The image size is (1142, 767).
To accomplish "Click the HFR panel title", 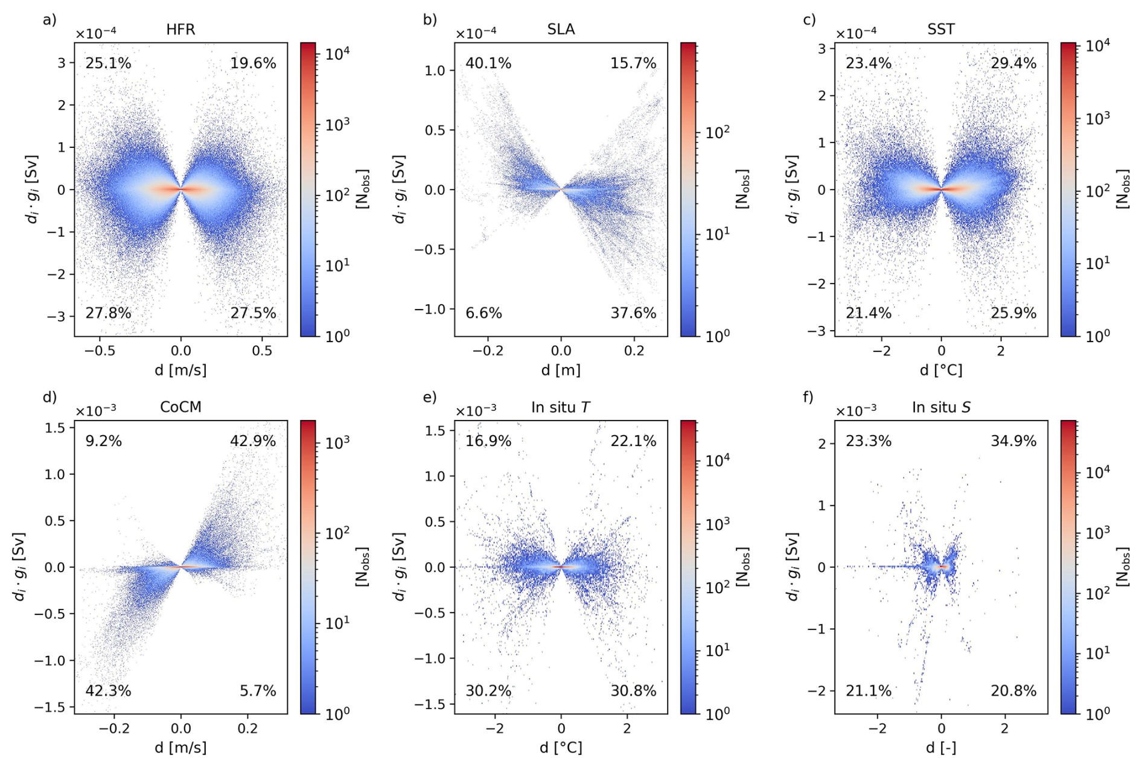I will [x=180, y=30].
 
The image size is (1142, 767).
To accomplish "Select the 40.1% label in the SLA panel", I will [x=488, y=63].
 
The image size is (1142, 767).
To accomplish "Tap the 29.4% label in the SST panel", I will [x=1013, y=63].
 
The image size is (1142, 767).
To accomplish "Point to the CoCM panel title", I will [x=180, y=407].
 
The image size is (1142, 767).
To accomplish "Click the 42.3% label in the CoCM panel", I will [x=108, y=691].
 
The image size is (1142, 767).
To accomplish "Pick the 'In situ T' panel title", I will [x=560, y=407].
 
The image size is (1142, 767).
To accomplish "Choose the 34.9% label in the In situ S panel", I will [x=1013, y=441].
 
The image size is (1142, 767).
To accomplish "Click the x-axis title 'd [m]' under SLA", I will [x=561, y=370].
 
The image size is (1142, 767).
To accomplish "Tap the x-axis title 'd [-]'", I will [x=941, y=748].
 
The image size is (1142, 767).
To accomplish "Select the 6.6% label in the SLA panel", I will [x=483, y=313].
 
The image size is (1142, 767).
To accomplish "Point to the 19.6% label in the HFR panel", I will [x=253, y=63].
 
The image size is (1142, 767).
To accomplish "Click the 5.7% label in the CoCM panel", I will [x=258, y=691].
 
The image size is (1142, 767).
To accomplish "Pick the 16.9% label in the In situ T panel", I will [x=488, y=441].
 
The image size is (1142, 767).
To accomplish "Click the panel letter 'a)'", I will [x=49, y=20].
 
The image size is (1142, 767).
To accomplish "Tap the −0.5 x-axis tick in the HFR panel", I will [x=100, y=351].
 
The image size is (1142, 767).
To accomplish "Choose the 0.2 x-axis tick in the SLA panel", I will [x=634, y=351].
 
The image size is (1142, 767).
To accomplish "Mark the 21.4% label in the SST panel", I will [x=868, y=313].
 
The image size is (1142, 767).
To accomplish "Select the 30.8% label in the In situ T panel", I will [x=633, y=691].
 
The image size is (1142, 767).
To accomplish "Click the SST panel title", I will [x=941, y=30].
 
